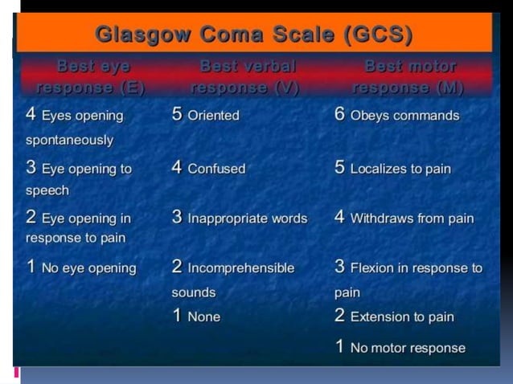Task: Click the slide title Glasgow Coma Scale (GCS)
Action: tap(254, 35)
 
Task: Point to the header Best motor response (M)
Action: tap(410, 76)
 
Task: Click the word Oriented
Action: tap(213, 116)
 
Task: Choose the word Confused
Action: tap(216, 170)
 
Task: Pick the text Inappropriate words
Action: tap(248, 219)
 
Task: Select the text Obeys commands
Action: tap(404, 116)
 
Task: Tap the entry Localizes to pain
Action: tap(400, 170)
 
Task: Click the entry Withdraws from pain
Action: tap(412, 219)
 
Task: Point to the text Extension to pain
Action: tap(402, 317)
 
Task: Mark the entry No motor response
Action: tap(408, 348)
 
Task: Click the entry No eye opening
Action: tap(88, 268)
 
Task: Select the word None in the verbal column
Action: tap(203, 317)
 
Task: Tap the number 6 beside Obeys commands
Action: tap(340, 114)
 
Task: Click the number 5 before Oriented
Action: tap(177, 114)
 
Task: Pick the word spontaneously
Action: tap(69, 140)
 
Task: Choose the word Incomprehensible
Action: tap(240, 268)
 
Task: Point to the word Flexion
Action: tap(373, 268)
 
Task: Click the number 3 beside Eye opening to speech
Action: tap(31, 168)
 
